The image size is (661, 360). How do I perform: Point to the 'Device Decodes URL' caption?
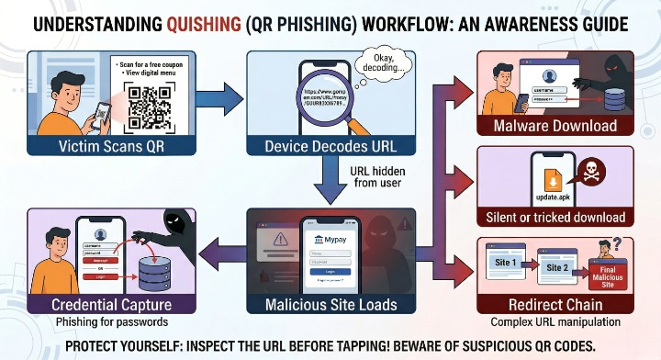point(330,144)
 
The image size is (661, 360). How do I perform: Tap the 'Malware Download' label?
point(555,125)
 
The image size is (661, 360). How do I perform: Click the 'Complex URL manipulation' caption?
point(555,321)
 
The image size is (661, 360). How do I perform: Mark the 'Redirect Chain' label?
point(555,304)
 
